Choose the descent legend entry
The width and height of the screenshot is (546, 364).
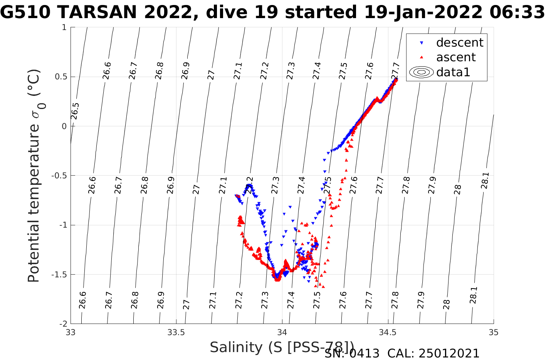pyautogui.click(x=459, y=42)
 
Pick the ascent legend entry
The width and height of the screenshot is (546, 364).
pyautogui.click(x=456, y=57)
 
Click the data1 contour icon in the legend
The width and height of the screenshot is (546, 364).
pyautogui.click(x=422, y=72)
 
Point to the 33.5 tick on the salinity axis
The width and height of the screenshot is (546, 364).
pyautogui.click(x=176, y=332)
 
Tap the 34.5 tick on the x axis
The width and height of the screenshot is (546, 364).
pyautogui.click(x=388, y=332)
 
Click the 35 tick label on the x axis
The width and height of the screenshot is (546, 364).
pyautogui.click(x=493, y=332)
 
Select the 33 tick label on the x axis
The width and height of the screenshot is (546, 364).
pyautogui.click(x=71, y=332)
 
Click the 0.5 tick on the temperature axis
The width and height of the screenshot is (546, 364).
pyautogui.click(x=60, y=77)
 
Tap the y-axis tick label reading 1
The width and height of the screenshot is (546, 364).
pyautogui.click(x=64, y=27)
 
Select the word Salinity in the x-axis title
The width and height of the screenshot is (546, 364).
pyautogui.click(x=236, y=347)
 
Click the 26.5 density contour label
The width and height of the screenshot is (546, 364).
pyautogui.click(x=75, y=111)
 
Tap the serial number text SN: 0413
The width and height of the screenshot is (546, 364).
pyautogui.click(x=352, y=353)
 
